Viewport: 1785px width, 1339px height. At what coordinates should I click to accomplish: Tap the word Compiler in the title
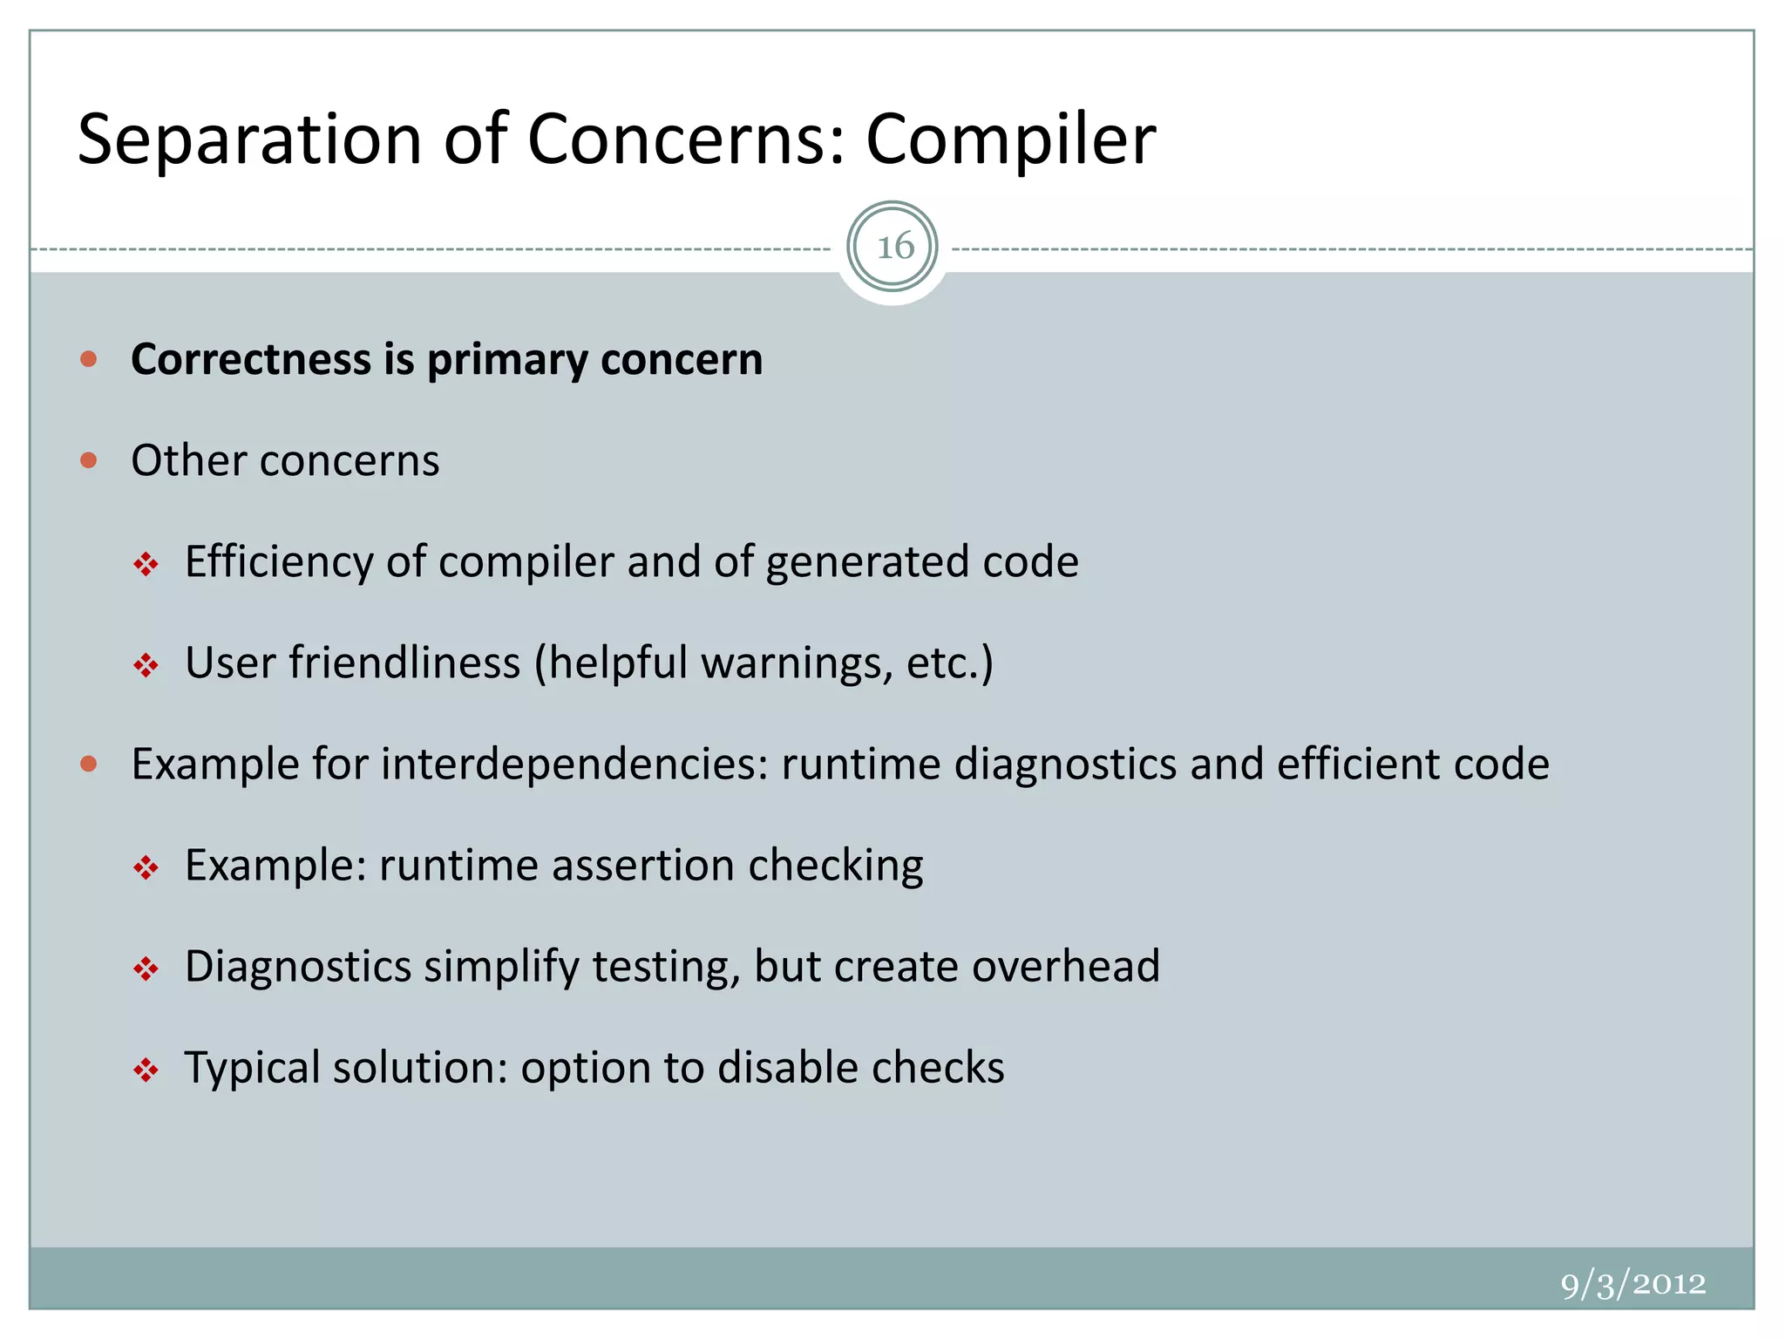click(1010, 139)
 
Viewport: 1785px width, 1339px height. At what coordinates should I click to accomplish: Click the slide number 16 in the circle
click(894, 248)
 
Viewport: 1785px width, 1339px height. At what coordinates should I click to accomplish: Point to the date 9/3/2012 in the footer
click(1632, 1283)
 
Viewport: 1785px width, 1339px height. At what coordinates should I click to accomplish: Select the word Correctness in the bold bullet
click(251, 359)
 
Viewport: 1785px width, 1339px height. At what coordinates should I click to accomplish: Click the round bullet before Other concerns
click(88, 460)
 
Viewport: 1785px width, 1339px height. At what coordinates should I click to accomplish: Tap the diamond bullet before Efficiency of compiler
click(146, 565)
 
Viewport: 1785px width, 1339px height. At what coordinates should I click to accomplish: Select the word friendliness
click(404, 663)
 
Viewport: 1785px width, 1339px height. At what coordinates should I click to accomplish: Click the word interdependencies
click(574, 765)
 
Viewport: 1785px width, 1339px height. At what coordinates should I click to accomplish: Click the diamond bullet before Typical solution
click(146, 1070)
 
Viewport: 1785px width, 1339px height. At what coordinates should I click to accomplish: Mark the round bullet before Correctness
click(88, 358)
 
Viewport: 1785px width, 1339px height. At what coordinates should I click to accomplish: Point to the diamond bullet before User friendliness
click(146, 666)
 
